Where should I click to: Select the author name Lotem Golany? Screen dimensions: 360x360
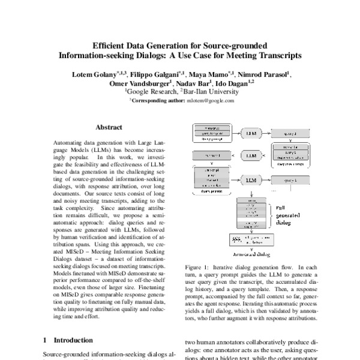pos(92,75)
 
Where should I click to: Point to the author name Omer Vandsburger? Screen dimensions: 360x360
pos(149,83)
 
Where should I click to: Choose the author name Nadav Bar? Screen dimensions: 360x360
pos(196,83)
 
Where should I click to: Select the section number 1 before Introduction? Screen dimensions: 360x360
pos(45,339)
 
